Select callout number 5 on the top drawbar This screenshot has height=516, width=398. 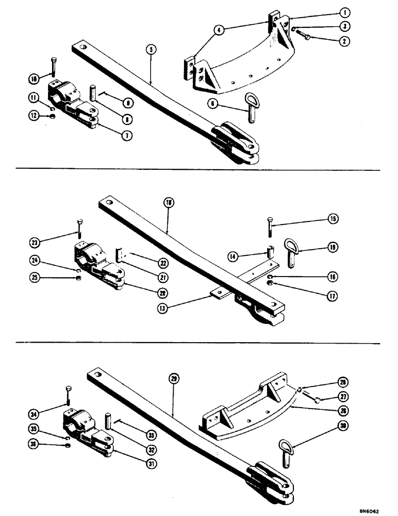(x=151, y=50)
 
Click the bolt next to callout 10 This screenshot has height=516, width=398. (x=54, y=67)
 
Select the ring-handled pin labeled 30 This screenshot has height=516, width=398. (x=286, y=448)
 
